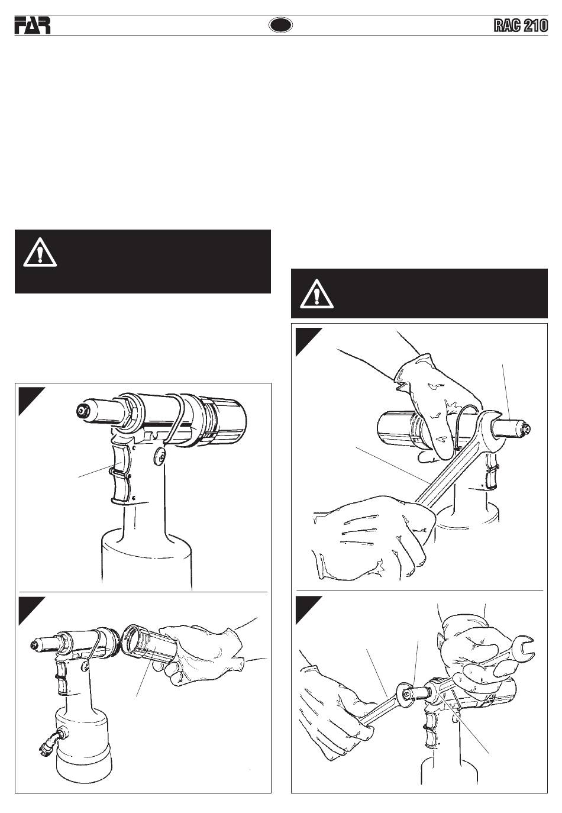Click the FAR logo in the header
coord(33,25)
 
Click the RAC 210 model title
coord(520,26)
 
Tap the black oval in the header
coord(280,25)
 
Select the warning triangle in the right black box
coord(316,294)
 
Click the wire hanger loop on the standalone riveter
coord(174,418)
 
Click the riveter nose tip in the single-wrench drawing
coord(526,429)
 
